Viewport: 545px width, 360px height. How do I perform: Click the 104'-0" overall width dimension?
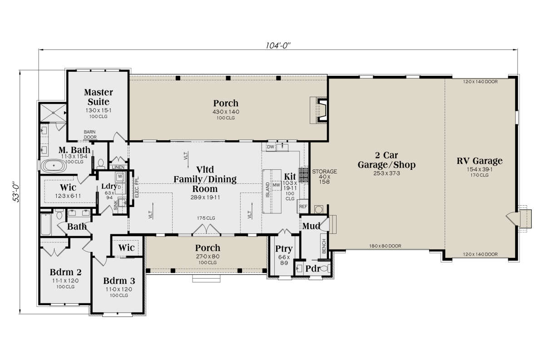(278, 45)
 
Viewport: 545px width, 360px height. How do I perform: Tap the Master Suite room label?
(98, 97)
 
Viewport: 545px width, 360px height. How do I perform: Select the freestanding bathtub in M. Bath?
(54, 166)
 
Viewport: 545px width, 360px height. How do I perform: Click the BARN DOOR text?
(90, 134)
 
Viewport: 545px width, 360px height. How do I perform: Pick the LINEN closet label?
(118, 168)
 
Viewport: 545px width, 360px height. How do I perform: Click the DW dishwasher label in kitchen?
(271, 147)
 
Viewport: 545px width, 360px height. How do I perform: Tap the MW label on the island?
(277, 185)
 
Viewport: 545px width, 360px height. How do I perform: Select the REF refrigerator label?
(303, 207)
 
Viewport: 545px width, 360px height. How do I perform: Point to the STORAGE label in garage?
(324, 172)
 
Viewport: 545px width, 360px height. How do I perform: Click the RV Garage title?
(480, 161)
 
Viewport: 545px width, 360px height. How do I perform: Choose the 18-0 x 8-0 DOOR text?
(385, 246)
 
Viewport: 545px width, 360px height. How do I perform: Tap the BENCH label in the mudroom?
(324, 246)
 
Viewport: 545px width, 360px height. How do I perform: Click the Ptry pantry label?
(284, 249)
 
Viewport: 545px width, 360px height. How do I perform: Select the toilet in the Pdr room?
(326, 269)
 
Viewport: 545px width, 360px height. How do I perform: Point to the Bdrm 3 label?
(119, 281)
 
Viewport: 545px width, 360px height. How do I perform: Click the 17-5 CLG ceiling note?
(206, 218)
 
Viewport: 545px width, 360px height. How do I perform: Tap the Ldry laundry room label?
(109, 186)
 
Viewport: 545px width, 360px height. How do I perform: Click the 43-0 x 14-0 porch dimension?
(226, 112)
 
